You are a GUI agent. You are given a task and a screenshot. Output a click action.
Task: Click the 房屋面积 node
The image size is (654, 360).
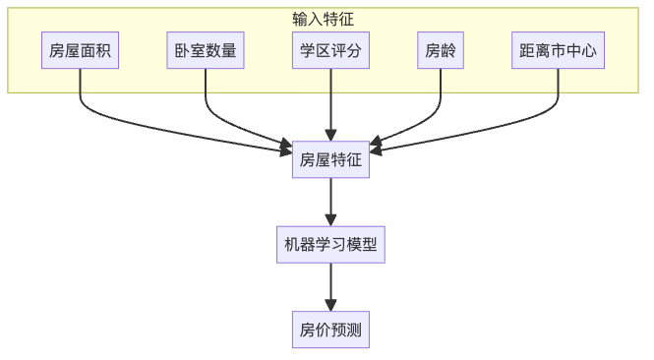click(x=81, y=51)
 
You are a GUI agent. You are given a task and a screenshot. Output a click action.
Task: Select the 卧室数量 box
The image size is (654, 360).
click(x=206, y=51)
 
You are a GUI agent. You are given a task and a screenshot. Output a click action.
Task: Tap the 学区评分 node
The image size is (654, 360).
click(x=330, y=51)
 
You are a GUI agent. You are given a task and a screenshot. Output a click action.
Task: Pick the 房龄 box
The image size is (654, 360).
click(x=441, y=51)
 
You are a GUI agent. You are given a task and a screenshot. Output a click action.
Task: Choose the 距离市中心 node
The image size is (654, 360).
click(x=558, y=51)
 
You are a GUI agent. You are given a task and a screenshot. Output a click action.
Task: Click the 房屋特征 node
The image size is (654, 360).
click(x=330, y=159)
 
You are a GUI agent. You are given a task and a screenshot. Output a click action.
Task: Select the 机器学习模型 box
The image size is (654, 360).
click(x=330, y=245)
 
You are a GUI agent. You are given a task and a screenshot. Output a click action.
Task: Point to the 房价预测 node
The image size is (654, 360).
click(x=330, y=330)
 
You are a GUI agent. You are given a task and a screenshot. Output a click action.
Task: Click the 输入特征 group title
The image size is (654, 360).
click(x=324, y=19)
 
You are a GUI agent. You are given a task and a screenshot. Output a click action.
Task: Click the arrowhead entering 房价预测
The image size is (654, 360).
click(x=330, y=306)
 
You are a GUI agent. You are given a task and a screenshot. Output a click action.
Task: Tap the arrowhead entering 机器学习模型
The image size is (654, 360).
click(x=330, y=221)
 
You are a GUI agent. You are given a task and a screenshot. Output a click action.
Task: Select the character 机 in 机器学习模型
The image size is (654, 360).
click(x=292, y=245)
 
